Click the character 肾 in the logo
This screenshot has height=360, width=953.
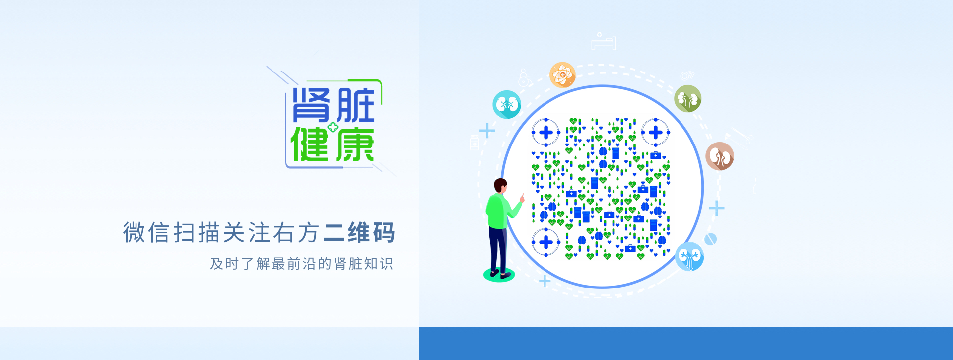pyautogui.click(x=311, y=105)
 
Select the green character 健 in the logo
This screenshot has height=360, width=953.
pyautogui.click(x=310, y=144)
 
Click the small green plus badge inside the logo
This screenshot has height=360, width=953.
pyautogui.click(x=333, y=127)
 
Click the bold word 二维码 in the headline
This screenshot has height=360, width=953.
pyautogui.click(x=359, y=233)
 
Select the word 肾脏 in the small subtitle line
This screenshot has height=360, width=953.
pyautogui.click(x=348, y=264)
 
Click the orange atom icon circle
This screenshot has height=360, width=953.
pyautogui.click(x=562, y=75)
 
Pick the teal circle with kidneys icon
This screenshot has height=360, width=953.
pyautogui.click(x=507, y=104)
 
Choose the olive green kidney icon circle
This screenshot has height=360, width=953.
pyautogui.click(x=688, y=98)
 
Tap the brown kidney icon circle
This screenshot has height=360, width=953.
pyautogui.click(x=720, y=156)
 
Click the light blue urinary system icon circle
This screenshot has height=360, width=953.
pyautogui.click(x=689, y=256)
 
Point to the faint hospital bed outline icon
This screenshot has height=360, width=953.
pyautogui.click(x=604, y=42)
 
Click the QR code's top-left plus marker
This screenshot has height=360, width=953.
pyautogui.click(x=546, y=132)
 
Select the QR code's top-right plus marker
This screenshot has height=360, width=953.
pyautogui.click(x=656, y=132)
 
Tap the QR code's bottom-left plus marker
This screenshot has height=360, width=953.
pyautogui.click(x=546, y=242)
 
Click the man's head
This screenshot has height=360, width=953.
pyautogui.click(x=500, y=186)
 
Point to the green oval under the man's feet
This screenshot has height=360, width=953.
pyautogui.click(x=499, y=275)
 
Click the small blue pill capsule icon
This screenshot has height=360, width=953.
pyautogui.click(x=711, y=239)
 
